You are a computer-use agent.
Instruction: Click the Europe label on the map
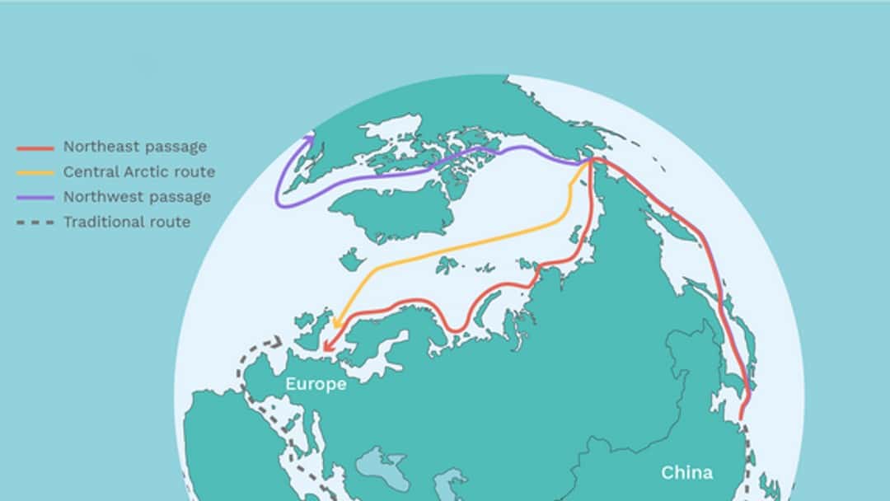click(x=316, y=384)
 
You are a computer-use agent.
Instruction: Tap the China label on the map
click(x=686, y=472)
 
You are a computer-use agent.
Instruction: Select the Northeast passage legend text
click(x=135, y=147)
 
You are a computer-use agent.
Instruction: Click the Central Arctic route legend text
click(x=139, y=172)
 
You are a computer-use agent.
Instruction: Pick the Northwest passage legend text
click(x=137, y=197)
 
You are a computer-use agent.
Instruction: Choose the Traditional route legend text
click(x=127, y=222)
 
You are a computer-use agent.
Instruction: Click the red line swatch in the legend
click(x=35, y=148)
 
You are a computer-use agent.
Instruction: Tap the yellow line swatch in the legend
click(x=35, y=173)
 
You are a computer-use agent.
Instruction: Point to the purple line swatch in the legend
click(x=35, y=198)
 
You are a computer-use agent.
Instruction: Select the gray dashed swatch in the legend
click(x=35, y=222)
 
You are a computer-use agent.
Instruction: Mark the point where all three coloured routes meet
click(x=590, y=162)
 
